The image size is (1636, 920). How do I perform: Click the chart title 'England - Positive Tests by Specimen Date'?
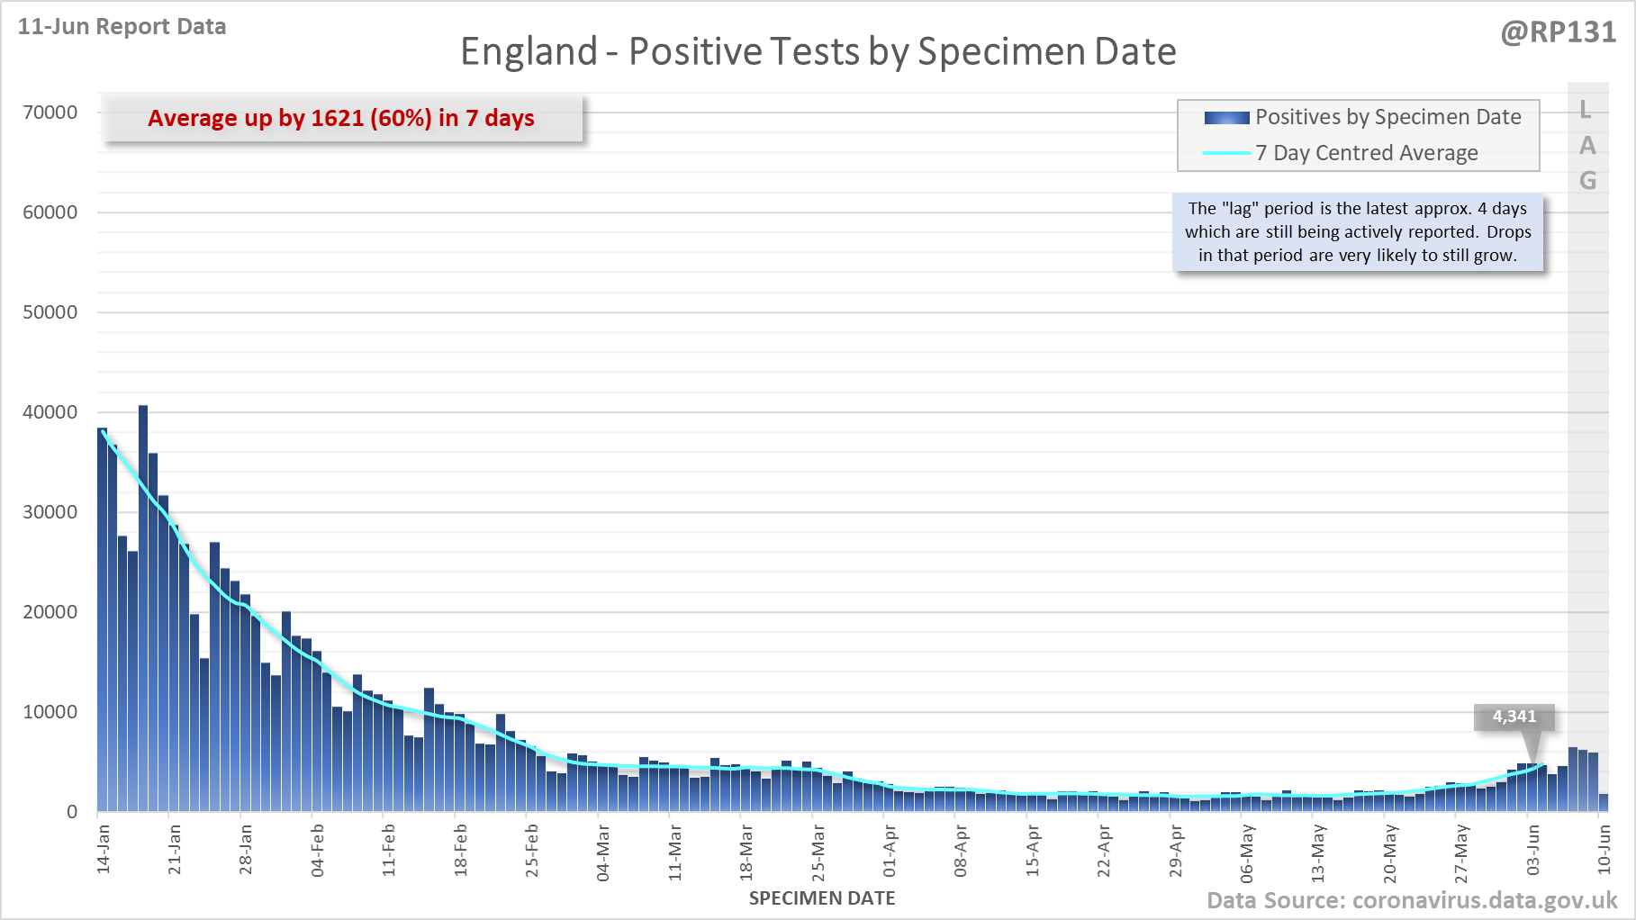click(x=818, y=52)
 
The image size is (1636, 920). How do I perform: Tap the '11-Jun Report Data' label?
click(x=122, y=27)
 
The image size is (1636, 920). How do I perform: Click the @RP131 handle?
click(x=1558, y=32)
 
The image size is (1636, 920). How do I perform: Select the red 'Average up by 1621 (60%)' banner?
click(x=341, y=118)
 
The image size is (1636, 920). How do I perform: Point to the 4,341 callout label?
click(x=1514, y=717)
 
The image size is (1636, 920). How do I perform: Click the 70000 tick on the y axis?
click(x=50, y=113)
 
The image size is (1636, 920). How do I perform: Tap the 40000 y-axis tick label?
click(x=50, y=412)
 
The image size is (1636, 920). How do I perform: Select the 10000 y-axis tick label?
click(x=50, y=712)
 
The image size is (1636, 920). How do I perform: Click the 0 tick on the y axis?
click(x=72, y=812)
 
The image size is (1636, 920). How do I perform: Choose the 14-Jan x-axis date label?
click(x=104, y=848)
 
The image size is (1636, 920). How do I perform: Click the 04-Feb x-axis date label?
click(x=317, y=850)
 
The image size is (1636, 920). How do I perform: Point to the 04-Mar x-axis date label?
click(x=603, y=852)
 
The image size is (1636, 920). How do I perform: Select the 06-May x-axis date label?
click(x=1247, y=852)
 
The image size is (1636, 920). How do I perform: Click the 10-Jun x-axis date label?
click(x=1604, y=850)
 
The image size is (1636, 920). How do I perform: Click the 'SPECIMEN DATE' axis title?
click(x=821, y=898)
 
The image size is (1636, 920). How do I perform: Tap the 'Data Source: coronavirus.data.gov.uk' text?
click(x=1411, y=900)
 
